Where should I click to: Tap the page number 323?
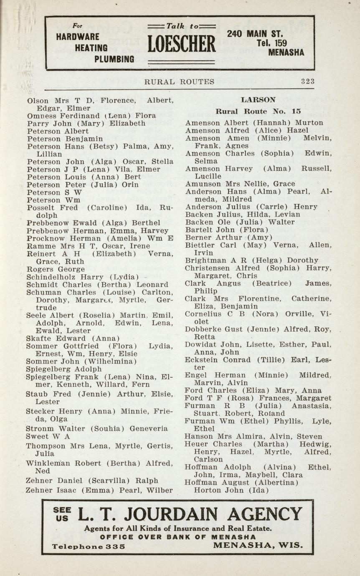point(308,82)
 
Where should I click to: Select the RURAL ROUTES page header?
point(179,82)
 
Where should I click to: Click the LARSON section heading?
point(259,100)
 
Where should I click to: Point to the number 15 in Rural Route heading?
point(297,112)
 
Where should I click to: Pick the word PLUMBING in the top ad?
point(114,59)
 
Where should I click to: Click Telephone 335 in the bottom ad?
point(89,546)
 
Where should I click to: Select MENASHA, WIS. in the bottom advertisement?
point(258,546)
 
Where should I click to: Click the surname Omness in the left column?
point(43,116)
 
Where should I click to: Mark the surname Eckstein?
point(202,360)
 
